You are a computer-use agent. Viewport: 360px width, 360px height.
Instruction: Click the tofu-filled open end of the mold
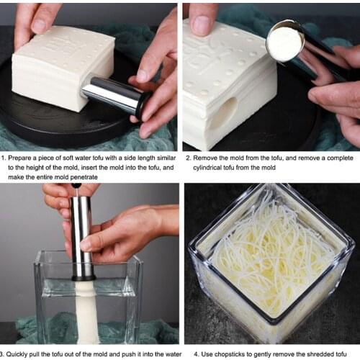click(284, 44)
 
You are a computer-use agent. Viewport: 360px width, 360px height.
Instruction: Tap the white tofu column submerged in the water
click(86, 310)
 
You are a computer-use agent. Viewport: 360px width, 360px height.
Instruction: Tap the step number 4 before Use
click(186, 353)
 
